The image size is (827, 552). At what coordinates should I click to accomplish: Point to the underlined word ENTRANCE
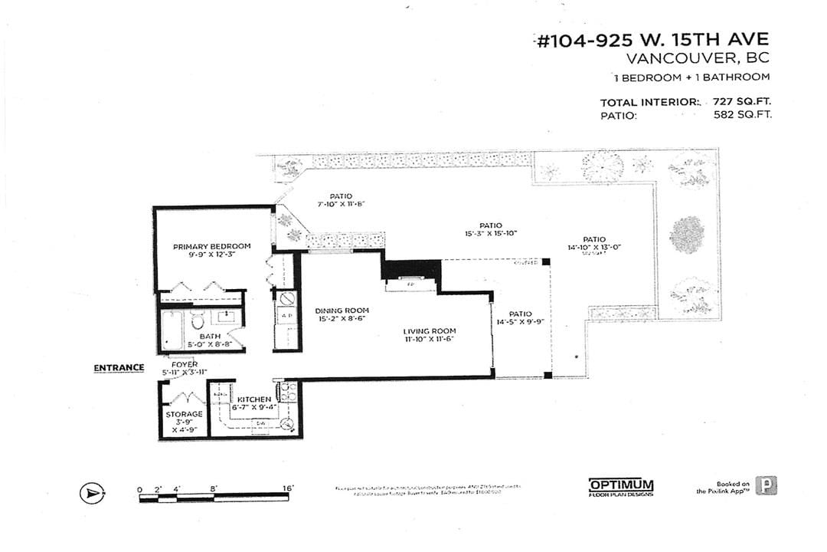pos(119,368)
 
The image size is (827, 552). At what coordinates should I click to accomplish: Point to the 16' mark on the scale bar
pos(288,488)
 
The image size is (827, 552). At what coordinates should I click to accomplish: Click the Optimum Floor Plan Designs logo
pos(621,487)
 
